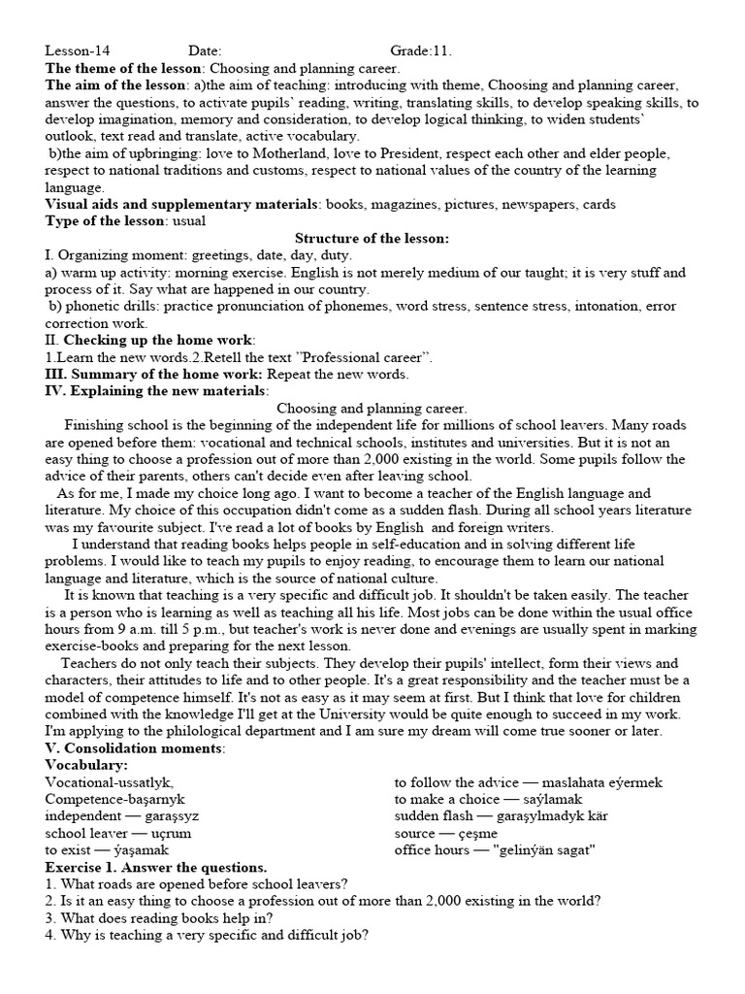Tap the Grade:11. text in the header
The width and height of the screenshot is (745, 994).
coord(421,51)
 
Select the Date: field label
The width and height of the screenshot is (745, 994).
coord(205,51)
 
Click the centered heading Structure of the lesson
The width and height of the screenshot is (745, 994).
coord(372,238)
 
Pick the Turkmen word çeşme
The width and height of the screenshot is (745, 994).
coord(473,833)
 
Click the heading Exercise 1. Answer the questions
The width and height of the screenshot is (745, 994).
coord(156,867)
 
